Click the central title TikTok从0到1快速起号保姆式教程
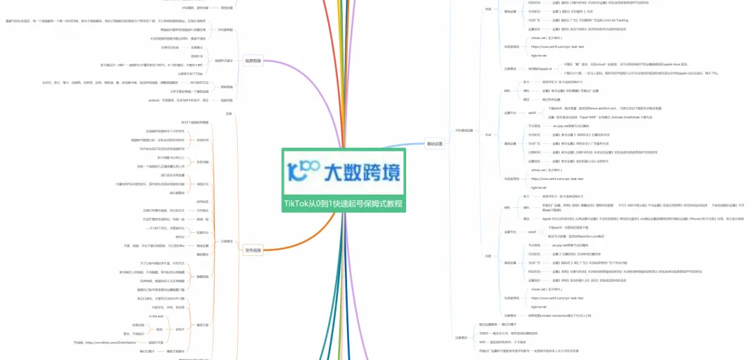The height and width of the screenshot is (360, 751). [342, 204]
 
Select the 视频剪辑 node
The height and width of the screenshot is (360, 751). [252, 60]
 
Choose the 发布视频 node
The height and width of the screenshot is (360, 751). [252, 249]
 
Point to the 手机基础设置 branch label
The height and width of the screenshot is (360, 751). [464, 129]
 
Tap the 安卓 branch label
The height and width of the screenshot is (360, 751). [488, 115]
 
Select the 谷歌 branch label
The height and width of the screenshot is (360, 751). [488, 255]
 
